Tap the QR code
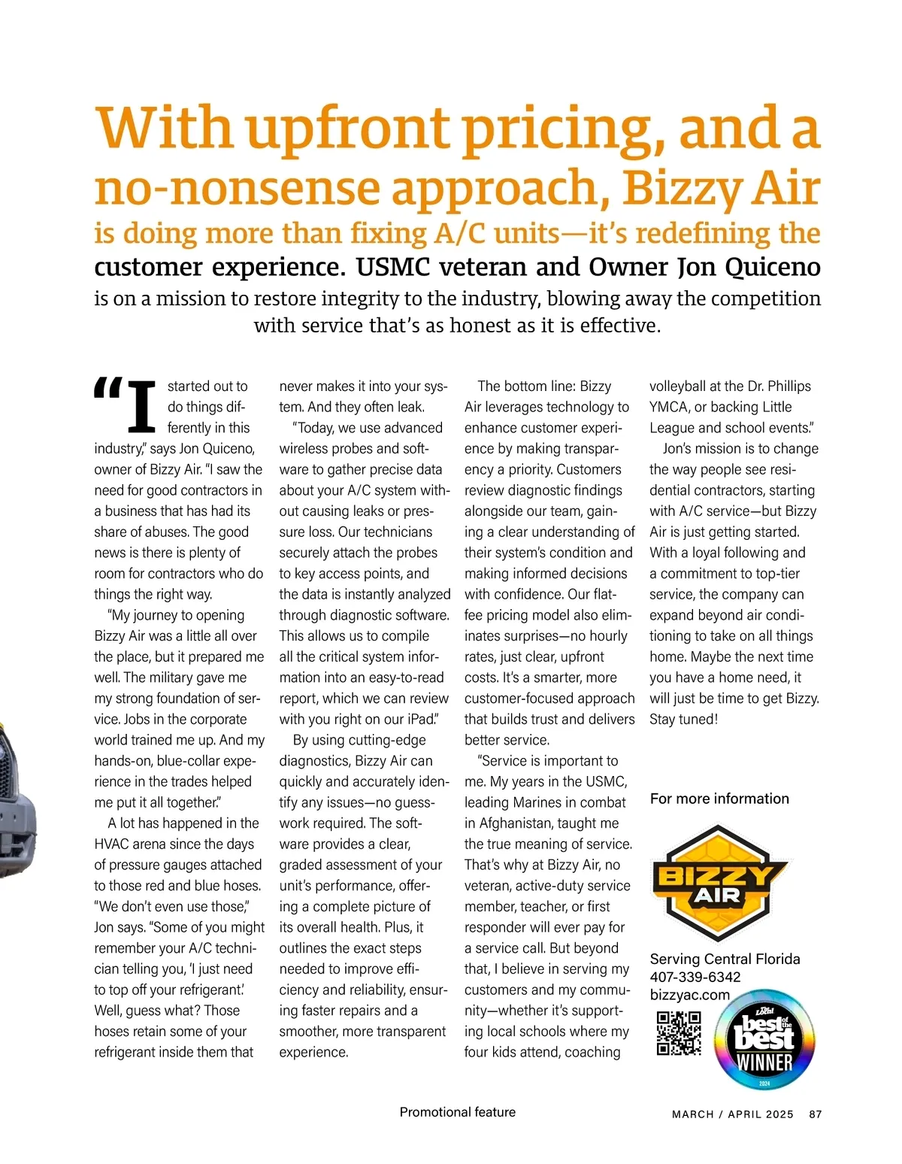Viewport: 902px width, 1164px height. pyautogui.click(x=679, y=1033)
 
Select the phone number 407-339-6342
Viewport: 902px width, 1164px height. pyautogui.click(x=695, y=977)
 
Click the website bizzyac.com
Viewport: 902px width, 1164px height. pyautogui.click(x=689, y=995)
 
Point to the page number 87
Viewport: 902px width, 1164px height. pyautogui.click(x=816, y=1114)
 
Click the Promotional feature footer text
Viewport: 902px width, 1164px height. pyautogui.click(x=457, y=1112)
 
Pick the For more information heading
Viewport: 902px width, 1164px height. pyautogui.click(x=719, y=799)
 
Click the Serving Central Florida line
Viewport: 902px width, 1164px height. pyautogui.click(x=725, y=959)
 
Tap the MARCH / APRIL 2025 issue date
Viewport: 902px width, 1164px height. pyautogui.click(x=733, y=1114)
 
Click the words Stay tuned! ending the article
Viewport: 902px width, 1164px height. pyautogui.click(x=683, y=719)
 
